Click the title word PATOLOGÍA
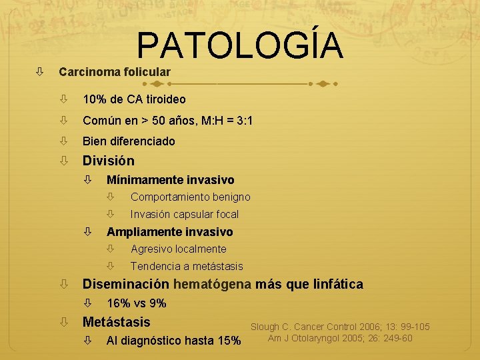coord(240,47)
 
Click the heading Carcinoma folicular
coord(114,71)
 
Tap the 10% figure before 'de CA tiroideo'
coord(95,99)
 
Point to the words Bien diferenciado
coord(129,141)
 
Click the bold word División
coord(108,161)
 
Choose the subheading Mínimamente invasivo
coord(170,180)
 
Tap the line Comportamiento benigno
coord(190,197)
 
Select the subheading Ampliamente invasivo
coord(169,232)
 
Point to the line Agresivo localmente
coord(178,249)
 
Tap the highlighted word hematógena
coord(212,285)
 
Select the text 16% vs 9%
coord(136,304)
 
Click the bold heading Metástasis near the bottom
coord(116,323)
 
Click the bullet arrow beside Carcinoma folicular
coord(39,71)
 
